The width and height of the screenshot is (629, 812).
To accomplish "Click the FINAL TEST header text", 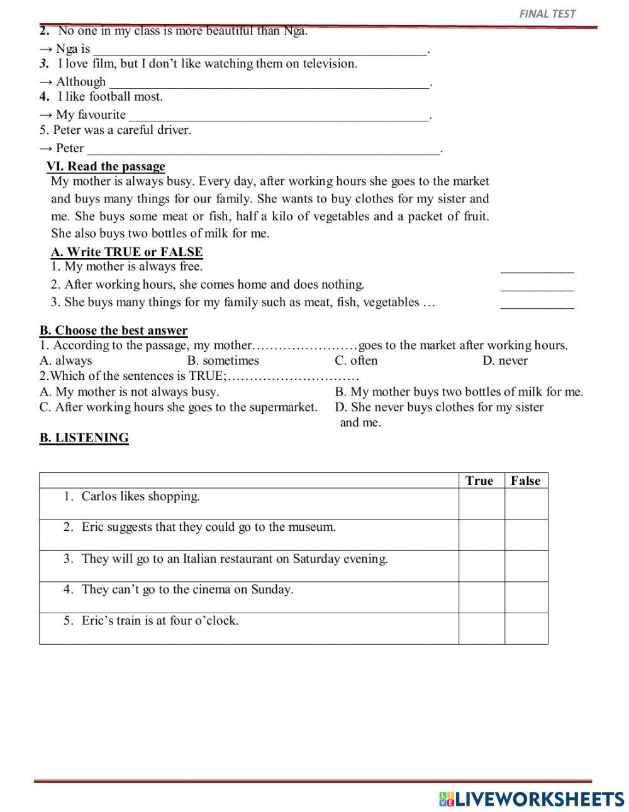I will tap(547, 13).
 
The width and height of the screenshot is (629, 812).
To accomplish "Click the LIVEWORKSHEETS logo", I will tap(532, 799).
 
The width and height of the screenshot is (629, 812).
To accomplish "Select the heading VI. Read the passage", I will tap(106, 166).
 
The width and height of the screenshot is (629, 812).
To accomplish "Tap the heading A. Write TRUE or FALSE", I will tap(126, 252).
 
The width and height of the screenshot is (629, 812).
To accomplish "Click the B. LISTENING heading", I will tap(84, 438).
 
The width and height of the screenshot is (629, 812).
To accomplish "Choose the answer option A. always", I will tap(65, 360).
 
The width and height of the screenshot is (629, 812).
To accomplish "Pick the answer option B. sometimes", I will tap(223, 360).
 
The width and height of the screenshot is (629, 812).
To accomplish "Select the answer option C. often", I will tap(356, 360).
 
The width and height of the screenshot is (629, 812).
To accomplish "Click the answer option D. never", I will tap(505, 360).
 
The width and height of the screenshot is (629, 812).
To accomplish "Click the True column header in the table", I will tap(479, 481).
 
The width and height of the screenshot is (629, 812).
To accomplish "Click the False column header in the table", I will tap(525, 481).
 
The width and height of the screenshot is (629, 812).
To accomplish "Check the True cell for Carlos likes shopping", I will tap(481, 504).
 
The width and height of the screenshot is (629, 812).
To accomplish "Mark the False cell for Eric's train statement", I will tap(526, 628).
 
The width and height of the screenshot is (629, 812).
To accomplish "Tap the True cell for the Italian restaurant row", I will tap(481, 566).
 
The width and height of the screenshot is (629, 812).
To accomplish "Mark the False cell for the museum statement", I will tap(526, 535).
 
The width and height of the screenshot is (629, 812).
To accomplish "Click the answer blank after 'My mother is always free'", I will tap(537, 269).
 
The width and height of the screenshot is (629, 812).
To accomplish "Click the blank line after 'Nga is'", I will tap(260, 50).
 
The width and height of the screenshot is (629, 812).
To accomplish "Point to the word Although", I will tap(81, 82).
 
